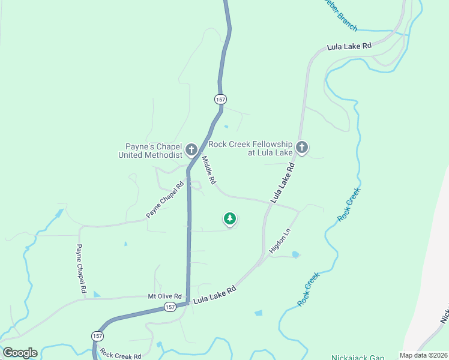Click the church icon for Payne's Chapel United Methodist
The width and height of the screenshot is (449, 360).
coord(191,149)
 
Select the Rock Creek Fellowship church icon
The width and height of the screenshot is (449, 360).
coord(301,147)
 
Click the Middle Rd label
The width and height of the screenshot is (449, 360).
coord(208,170)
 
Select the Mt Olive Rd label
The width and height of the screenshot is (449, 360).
coord(164,296)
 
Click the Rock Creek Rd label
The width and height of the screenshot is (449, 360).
coord(120,355)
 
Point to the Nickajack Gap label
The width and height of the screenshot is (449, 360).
coord(358,357)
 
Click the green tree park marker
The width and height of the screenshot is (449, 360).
coord(229,219)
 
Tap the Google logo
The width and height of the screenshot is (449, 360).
coord(20,353)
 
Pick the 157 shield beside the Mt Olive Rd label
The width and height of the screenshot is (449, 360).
coord(171,307)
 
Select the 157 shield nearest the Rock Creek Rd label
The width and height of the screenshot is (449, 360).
coord(98,335)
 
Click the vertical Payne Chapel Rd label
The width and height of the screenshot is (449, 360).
coord(81,268)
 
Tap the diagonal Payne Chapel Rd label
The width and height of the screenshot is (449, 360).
coord(164,200)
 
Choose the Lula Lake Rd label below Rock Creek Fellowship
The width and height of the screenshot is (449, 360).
coord(285,184)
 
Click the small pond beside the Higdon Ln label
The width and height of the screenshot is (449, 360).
coord(295,254)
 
